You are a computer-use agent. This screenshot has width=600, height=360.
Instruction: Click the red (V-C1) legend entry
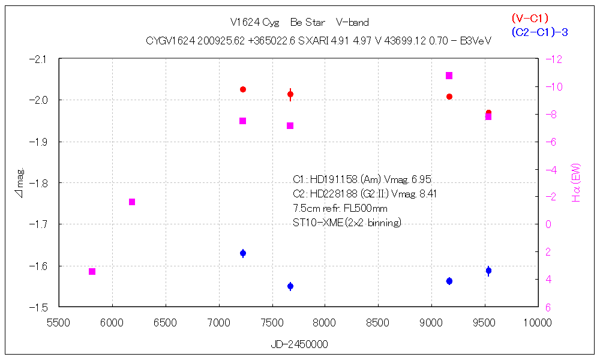coord(530,18)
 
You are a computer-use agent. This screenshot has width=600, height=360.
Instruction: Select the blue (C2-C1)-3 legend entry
coord(539,32)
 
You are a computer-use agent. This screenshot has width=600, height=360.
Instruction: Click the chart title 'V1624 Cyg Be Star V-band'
coord(299,22)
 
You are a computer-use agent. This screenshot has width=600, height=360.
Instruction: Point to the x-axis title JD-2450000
coord(299,345)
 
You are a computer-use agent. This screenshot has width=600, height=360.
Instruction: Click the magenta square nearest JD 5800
coord(92,272)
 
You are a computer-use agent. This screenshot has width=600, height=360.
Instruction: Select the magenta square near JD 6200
coord(132,202)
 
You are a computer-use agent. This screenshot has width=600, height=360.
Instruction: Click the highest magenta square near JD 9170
coord(449,76)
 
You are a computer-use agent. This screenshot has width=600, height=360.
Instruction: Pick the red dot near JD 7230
coord(243,89)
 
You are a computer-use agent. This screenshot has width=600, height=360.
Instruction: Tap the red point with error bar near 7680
coord(290,94)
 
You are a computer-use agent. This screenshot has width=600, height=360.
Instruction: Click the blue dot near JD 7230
coord(243,253)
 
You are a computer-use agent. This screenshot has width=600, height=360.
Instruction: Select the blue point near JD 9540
coord(489,271)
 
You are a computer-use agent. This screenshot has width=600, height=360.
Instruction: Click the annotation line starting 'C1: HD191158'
coord(362,179)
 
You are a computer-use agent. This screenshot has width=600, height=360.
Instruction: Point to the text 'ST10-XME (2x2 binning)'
coord(347,223)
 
